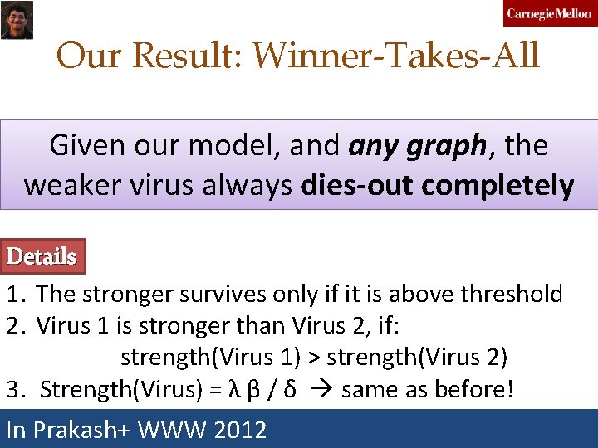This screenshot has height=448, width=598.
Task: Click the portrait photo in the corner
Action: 16,18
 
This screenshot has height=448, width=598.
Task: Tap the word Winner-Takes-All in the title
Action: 396,56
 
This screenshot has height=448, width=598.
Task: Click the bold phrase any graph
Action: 417,146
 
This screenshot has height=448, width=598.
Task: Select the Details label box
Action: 42,257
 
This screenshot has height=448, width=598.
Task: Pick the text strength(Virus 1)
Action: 210,357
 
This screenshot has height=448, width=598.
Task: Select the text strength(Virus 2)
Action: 417,357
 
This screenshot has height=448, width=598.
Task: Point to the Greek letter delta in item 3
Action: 288,388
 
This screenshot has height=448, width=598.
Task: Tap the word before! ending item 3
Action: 478,388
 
